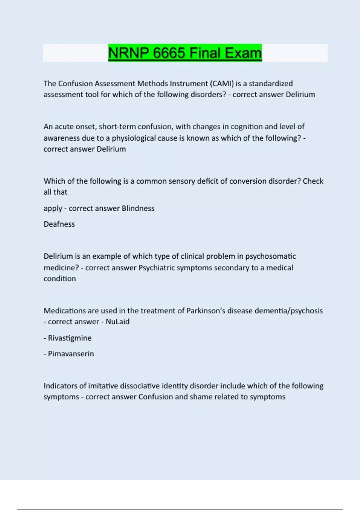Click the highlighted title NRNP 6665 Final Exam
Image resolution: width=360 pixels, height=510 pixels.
pos(185,53)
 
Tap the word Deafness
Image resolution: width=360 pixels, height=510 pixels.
pos(59,224)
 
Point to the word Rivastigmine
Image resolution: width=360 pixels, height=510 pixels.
pos(70,338)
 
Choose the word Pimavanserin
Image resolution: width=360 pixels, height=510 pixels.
pos(71,354)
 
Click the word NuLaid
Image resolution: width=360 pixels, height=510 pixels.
pos(118,322)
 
